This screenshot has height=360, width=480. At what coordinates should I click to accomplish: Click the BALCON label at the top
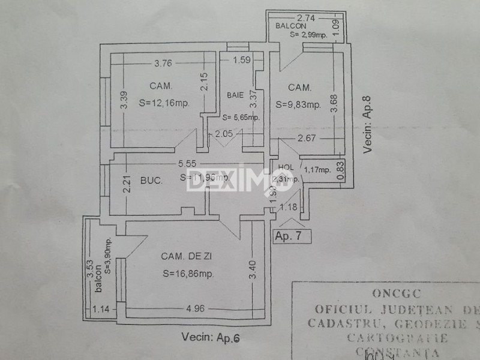291,26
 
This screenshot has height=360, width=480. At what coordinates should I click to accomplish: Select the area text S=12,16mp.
163,102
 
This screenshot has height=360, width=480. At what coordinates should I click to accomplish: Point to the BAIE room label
235,95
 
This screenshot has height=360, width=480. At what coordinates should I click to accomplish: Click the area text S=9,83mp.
298,104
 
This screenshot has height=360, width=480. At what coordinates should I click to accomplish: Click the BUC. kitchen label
152,179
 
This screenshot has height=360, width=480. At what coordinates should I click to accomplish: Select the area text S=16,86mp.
188,274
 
